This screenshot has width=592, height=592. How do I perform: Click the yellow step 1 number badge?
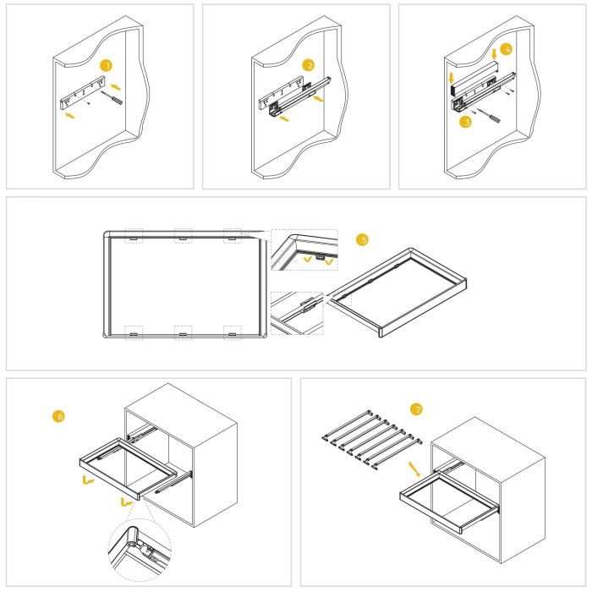[105, 65]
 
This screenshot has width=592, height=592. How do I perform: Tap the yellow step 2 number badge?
[310, 65]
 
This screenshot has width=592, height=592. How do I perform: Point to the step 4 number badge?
[505, 50]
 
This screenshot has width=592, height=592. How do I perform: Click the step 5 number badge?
[364, 239]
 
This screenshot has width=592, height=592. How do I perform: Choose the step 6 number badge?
[58, 416]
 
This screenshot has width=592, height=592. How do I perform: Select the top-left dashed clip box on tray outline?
[133, 236]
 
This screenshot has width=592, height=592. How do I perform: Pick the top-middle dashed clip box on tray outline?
[182, 236]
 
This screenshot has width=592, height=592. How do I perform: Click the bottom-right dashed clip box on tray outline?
[232, 332]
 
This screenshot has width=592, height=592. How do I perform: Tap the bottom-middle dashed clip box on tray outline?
[182, 332]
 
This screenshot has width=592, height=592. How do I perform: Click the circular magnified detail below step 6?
[139, 548]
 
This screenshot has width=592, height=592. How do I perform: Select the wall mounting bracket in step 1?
[81, 95]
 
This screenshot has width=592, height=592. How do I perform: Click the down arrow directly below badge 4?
[494, 63]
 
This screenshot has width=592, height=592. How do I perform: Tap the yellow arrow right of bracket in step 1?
[115, 86]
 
